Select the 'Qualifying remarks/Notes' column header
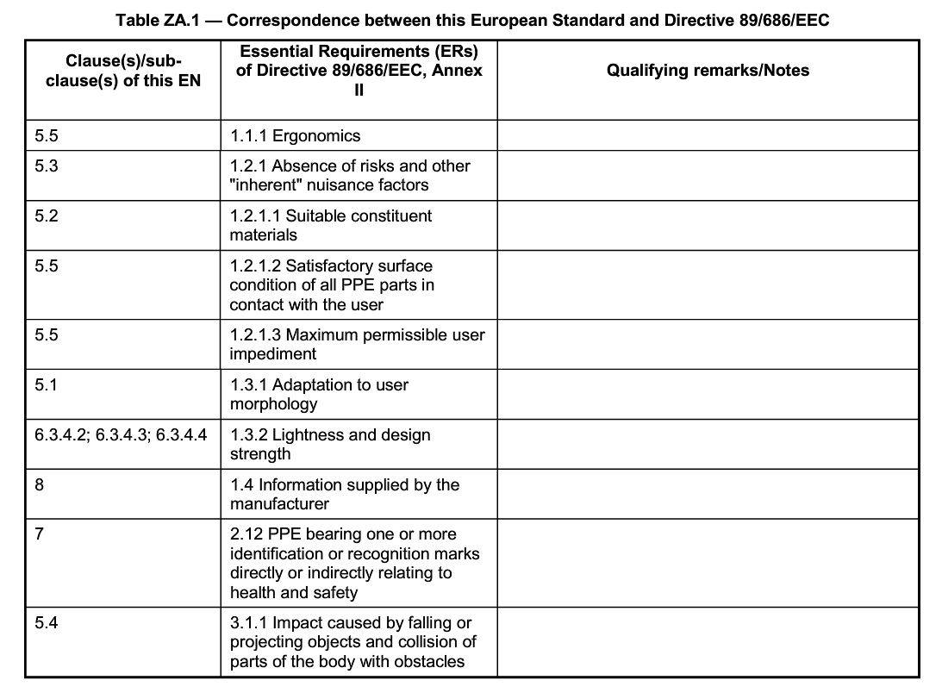pyautogui.click(x=708, y=71)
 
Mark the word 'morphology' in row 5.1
pyautogui.click(x=273, y=404)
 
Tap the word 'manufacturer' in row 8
pyautogui.click(x=279, y=504)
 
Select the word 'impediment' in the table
pyautogui.click(x=273, y=354)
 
